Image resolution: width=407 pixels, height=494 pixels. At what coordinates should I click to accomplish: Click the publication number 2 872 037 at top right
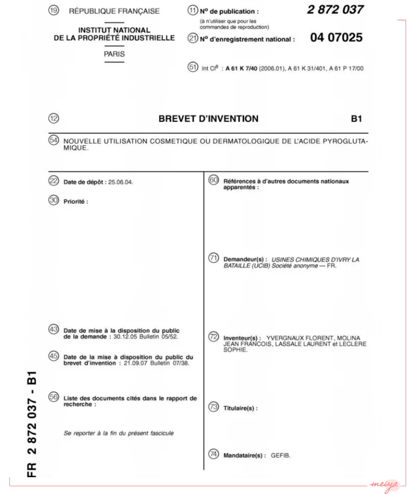pos(335,10)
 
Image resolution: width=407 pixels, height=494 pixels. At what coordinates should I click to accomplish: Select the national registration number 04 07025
pos(336,37)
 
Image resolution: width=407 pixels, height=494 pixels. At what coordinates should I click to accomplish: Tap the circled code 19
pos(54,10)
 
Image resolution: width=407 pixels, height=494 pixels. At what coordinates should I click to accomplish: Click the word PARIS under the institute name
pos(114,54)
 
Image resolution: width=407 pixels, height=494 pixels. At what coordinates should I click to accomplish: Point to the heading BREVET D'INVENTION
pos(208,119)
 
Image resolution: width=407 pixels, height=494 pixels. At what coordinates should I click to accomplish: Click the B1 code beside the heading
pos(356,119)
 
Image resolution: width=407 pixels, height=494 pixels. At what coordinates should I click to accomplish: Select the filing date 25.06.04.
pos(121,182)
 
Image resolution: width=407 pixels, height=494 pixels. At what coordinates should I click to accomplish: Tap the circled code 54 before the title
pos(54,140)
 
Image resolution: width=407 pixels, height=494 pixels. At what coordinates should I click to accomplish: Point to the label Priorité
pos(76,201)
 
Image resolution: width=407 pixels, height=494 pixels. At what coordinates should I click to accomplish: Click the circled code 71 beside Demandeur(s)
pos(214,258)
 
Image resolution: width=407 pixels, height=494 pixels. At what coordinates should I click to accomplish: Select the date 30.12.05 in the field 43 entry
pos(125,337)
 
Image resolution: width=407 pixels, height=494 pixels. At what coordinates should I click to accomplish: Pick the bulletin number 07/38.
pos(181,363)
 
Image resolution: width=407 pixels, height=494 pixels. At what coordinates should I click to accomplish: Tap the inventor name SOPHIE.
pos(235,350)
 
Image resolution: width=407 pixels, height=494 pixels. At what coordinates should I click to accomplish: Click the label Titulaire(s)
pos(240,408)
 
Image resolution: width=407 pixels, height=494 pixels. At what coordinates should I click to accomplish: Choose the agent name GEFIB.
pos(280,455)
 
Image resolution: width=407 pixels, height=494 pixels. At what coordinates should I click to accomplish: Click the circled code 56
pos(54,397)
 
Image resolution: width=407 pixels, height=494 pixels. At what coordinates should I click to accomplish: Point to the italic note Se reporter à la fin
pos(119,433)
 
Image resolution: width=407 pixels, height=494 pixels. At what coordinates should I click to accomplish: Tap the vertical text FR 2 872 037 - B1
pos(32,424)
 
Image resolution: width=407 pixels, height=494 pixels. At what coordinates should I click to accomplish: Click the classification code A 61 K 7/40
pos(241,69)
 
